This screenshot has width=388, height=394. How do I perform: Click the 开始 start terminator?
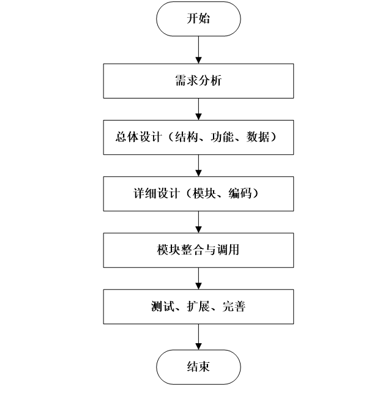pos(198,19)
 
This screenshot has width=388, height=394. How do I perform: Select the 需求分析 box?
pos(198,81)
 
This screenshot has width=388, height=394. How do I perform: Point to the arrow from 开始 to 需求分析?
pos(198,50)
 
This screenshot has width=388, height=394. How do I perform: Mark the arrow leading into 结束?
pos(198,336)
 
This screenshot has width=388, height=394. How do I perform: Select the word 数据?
pos(260,138)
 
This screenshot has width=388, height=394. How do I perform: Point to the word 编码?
pos(242,193)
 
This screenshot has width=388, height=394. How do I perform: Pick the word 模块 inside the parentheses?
pos(206,193)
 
